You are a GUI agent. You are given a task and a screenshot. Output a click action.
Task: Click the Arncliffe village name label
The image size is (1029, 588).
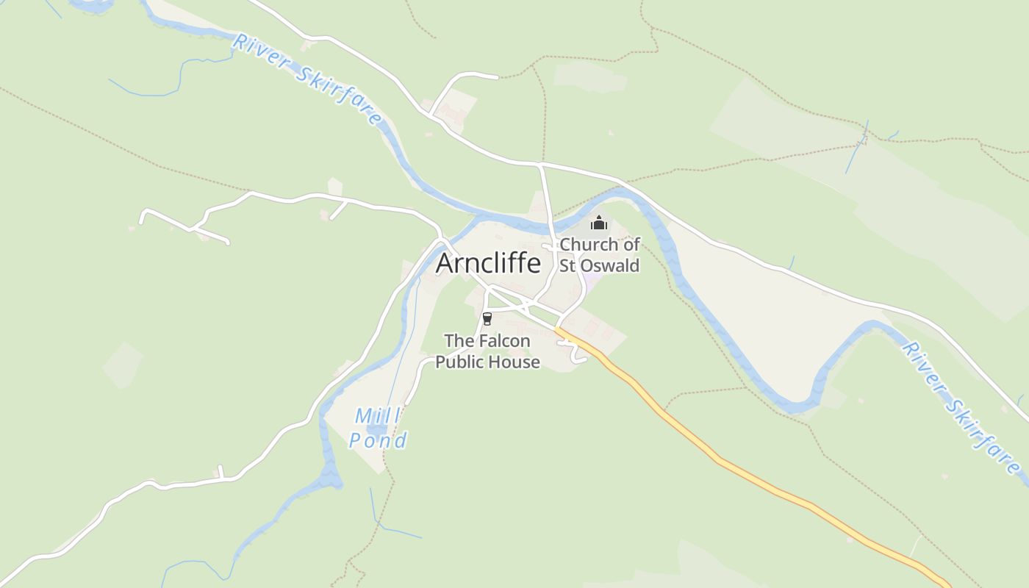click(488, 263)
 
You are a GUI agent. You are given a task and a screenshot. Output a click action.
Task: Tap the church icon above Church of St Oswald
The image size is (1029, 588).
click(599, 222)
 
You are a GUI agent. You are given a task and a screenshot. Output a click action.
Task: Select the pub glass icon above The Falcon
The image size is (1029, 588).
click(487, 318)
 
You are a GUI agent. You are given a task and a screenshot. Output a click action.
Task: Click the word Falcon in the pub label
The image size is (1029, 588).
click(508, 341)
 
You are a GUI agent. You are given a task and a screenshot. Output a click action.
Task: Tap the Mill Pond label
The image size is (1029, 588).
click(378, 428)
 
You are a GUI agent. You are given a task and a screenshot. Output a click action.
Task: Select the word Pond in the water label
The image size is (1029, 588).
click(378, 440)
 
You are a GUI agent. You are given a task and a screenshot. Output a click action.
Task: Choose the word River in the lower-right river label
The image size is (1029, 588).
click(920, 360)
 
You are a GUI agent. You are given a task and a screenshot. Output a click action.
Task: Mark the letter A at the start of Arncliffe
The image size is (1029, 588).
click(445, 264)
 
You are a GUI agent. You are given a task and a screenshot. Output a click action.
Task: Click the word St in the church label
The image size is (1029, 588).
click(567, 265)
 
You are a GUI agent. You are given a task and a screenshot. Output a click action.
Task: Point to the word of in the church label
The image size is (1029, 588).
click(631, 244)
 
